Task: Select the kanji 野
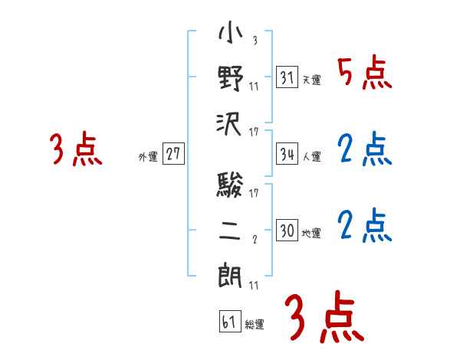[x=230, y=78]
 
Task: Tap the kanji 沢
[x=230, y=123]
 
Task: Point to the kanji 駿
[x=230, y=185]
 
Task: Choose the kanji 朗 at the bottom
[x=230, y=274]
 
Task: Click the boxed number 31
[x=287, y=77]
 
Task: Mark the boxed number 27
[x=173, y=155]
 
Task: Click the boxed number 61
[x=228, y=322]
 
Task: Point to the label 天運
[x=311, y=80]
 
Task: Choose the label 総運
[x=254, y=324]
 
